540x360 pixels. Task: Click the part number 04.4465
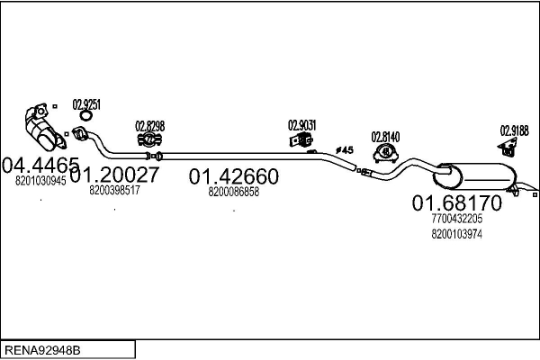click(x=41, y=165)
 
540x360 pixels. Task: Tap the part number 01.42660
click(x=233, y=176)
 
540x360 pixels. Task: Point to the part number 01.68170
click(x=457, y=202)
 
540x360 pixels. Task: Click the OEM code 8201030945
click(x=41, y=181)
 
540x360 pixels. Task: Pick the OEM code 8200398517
click(x=114, y=190)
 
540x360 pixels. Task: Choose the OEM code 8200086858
click(x=233, y=192)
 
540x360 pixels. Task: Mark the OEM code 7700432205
click(x=456, y=219)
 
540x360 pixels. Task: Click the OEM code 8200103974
click(x=456, y=235)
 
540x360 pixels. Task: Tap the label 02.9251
click(x=86, y=103)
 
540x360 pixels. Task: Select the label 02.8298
click(x=150, y=126)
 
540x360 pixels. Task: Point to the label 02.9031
click(x=301, y=125)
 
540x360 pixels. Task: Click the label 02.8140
click(x=386, y=137)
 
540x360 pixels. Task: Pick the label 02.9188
click(x=514, y=130)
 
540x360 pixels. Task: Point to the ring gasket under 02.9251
click(x=86, y=115)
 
